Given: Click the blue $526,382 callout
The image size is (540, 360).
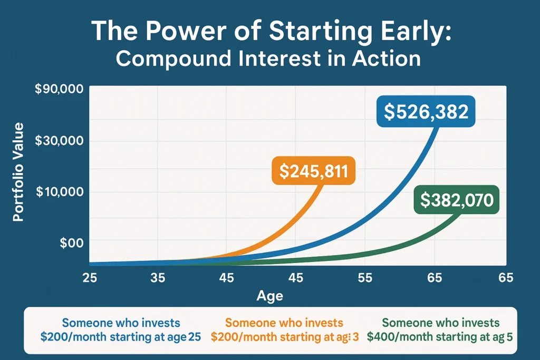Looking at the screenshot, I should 426,111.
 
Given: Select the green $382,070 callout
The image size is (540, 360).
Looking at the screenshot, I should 457,200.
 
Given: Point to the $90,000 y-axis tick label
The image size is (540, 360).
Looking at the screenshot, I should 59,89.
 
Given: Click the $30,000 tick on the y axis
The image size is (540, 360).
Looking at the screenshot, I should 59,141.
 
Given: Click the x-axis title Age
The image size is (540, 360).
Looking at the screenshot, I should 269,296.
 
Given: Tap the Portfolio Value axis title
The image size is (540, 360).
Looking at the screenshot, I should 19,172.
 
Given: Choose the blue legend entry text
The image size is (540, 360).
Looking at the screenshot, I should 121,329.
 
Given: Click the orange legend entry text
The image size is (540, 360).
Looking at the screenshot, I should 284,329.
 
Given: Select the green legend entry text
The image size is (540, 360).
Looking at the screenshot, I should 440,329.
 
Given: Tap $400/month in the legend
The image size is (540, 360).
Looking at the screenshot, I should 397,336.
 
